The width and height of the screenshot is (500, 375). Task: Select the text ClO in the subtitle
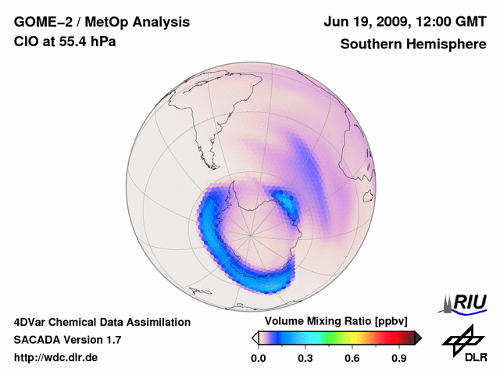tap(25, 41)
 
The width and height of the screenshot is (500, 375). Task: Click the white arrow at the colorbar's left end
tap(254, 337)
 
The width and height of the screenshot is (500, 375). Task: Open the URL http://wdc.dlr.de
tap(56, 358)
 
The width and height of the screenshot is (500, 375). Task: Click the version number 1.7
tap(113, 340)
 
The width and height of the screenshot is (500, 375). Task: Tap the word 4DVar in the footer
tap(31, 322)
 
